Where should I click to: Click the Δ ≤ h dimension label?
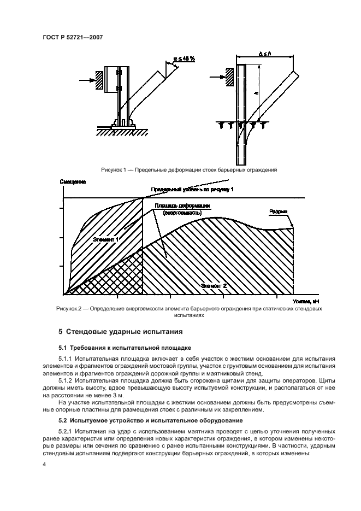(x=267, y=54)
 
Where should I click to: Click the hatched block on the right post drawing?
(x=229, y=76)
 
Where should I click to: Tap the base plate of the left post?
(x=123, y=127)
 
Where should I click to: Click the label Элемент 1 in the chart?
(x=106, y=239)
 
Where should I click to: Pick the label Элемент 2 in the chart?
(x=214, y=285)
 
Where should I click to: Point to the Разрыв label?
(x=278, y=211)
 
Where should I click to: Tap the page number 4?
(x=44, y=465)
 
